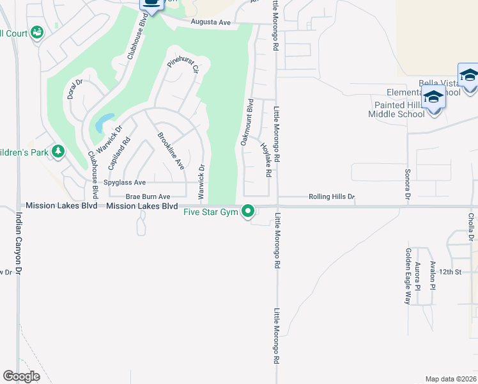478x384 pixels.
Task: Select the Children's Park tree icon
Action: (59, 151)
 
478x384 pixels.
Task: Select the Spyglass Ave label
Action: (125, 182)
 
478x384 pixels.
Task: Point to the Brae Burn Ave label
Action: (148, 196)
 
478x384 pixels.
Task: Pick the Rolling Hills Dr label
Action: (332, 196)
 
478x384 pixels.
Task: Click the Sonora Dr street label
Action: (407, 184)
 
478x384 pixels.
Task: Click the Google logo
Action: (21, 376)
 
